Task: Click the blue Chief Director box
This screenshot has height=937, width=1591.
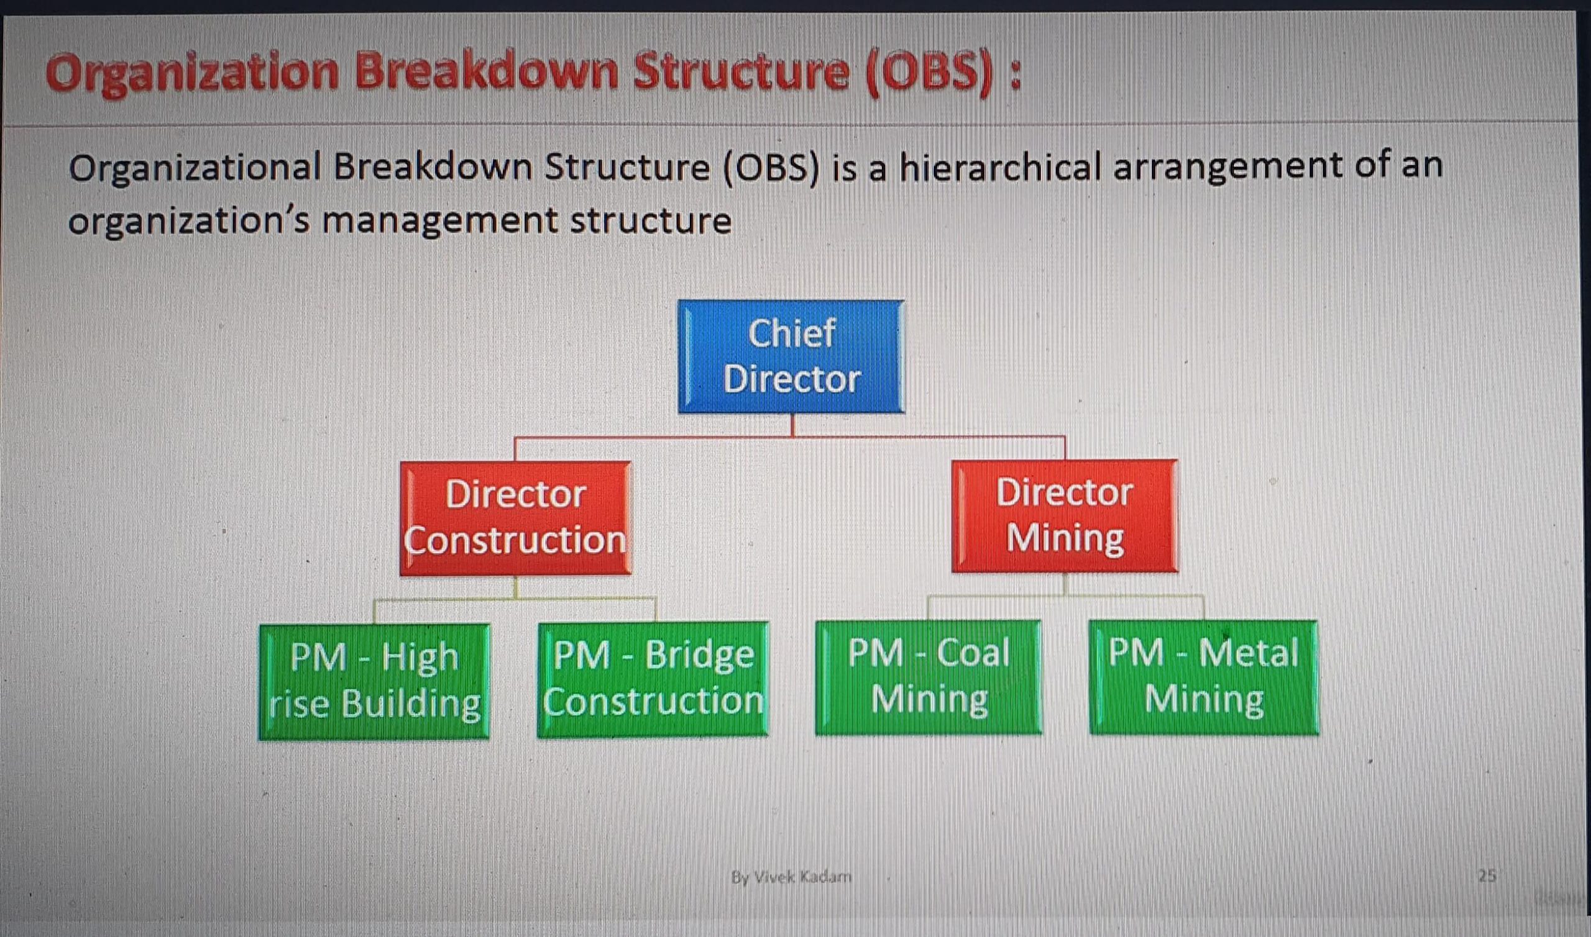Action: coord(791,357)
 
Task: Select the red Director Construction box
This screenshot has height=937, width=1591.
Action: coord(516,518)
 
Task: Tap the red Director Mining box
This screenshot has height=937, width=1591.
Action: coord(1065,516)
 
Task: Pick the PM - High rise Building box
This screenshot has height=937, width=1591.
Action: coord(374,681)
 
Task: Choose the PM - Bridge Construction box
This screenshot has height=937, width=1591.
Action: coord(653,679)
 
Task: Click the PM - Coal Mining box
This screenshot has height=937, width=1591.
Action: coord(928,677)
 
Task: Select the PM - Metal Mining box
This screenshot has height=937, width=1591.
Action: coord(1204,677)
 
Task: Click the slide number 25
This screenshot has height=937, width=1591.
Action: coord(1487,876)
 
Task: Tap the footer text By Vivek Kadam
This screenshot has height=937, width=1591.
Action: coord(791,877)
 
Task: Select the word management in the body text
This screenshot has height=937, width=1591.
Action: coord(441,222)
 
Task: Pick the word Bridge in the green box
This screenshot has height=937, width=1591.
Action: coord(699,657)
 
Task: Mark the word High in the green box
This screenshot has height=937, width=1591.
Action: coord(420,658)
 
